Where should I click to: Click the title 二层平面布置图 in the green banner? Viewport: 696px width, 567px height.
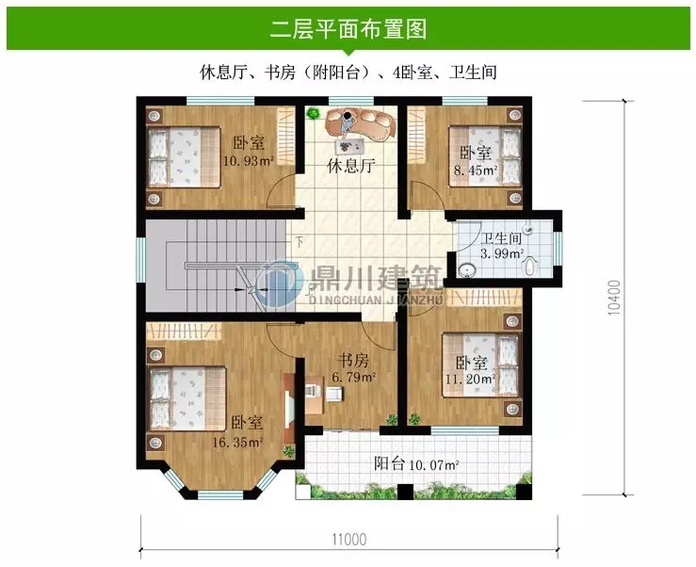tap(348, 29)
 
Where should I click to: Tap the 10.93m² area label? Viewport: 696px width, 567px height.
tap(249, 161)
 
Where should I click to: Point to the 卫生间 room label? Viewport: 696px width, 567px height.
tap(499, 239)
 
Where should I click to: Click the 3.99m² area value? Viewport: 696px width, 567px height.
tap(500, 254)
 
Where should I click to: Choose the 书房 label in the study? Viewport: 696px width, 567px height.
tap(354, 361)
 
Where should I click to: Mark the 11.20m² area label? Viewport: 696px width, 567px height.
tap(469, 380)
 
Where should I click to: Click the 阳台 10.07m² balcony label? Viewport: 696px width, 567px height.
tap(415, 463)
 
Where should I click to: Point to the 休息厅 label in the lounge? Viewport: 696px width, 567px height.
tap(351, 168)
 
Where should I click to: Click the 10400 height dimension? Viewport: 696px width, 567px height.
tap(614, 297)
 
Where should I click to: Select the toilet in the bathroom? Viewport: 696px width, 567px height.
tap(531, 267)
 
